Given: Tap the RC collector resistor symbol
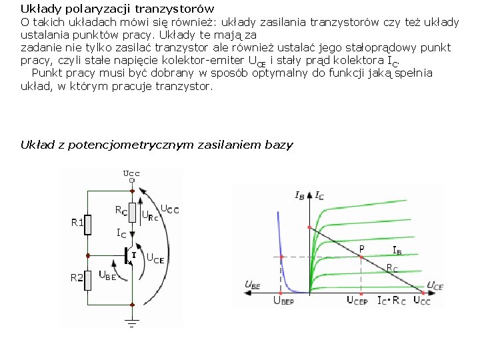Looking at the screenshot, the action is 133,211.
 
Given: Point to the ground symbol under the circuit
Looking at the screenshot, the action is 132,324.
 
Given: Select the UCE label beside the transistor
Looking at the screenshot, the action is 155,259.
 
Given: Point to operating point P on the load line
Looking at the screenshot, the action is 361,257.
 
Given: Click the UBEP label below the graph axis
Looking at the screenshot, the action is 283,301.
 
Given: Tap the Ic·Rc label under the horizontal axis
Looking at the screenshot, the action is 391,301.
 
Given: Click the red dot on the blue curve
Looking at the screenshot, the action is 281,257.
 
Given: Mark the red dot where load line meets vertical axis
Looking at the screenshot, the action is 309,227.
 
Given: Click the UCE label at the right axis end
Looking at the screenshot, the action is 435,286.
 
